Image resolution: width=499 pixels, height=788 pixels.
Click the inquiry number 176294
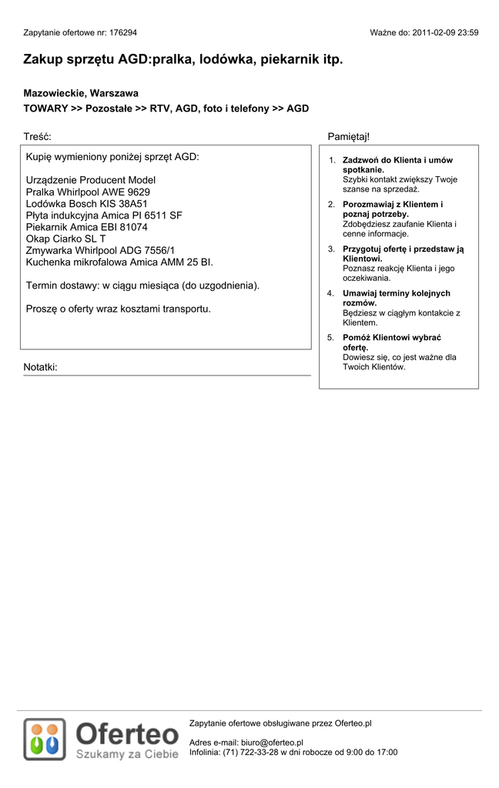pos(122,33)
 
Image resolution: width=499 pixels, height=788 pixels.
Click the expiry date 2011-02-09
pos(434,33)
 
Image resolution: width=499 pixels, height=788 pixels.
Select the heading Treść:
pos(37,136)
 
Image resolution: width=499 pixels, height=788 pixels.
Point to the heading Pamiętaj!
pos(348,136)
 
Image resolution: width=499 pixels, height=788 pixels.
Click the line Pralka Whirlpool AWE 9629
pos(88,192)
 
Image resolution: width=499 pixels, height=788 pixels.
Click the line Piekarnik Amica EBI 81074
pos(86,227)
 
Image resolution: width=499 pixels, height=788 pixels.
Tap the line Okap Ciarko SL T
pos(65,239)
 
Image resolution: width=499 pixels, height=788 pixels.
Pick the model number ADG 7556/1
pos(146,250)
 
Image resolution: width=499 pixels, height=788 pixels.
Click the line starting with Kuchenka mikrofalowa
pos(119,262)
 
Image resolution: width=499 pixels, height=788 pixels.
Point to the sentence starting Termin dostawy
pos(142,285)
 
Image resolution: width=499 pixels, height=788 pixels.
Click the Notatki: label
pos(40,367)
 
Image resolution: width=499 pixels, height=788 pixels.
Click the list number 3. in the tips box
pos(331,249)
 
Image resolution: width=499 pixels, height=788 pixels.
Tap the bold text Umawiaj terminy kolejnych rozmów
pos(396,298)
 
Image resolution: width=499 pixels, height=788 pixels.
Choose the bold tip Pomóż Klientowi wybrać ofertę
pos(392,342)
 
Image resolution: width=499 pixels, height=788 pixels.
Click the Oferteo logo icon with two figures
pos(44,740)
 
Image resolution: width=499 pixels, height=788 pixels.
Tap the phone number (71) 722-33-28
pos(249,752)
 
